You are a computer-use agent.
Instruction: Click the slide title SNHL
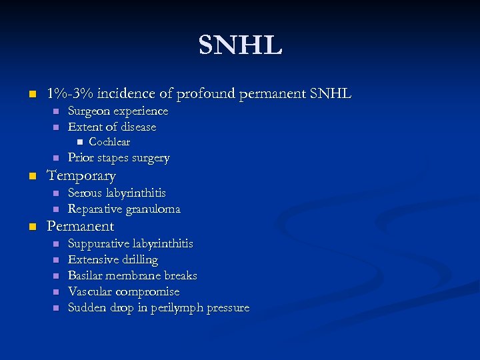coord(240,45)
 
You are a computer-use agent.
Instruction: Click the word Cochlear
coord(109,142)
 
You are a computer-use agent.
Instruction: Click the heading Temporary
coord(81,176)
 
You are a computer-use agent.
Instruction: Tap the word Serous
coord(85,193)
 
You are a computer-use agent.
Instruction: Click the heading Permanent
coord(80,226)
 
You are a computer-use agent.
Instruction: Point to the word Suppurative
coord(99,243)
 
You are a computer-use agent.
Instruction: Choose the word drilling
coord(138,259)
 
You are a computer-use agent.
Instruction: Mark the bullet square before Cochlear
coord(79,142)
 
